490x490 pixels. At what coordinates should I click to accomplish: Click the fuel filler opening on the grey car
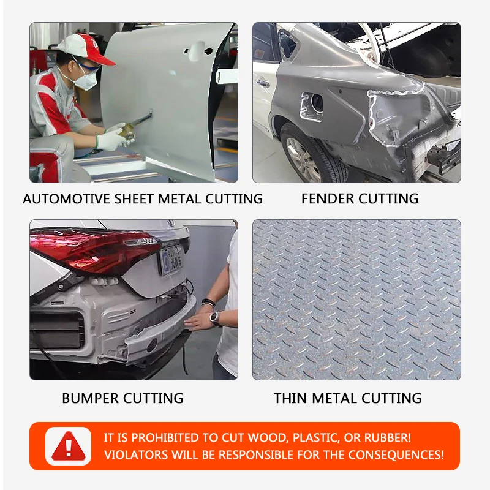tap(316, 103)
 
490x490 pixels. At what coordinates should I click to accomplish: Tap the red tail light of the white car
tap(94, 250)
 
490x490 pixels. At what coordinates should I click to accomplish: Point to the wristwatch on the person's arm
tap(215, 318)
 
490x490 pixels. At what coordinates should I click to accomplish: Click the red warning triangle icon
tap(69, 447)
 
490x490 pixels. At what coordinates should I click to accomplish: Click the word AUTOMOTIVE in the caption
tap(66, 199)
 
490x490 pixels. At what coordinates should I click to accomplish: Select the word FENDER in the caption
tap(328, 198)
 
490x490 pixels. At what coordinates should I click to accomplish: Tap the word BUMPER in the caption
tap(90, 399)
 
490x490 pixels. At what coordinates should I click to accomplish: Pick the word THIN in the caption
tap(291, 399)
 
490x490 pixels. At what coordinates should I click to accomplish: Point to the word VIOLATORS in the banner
tap(136, 455)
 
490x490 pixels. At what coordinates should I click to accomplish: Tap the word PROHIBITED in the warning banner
tap(166, 438)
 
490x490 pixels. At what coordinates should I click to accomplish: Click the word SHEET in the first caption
tap(134, 199)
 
